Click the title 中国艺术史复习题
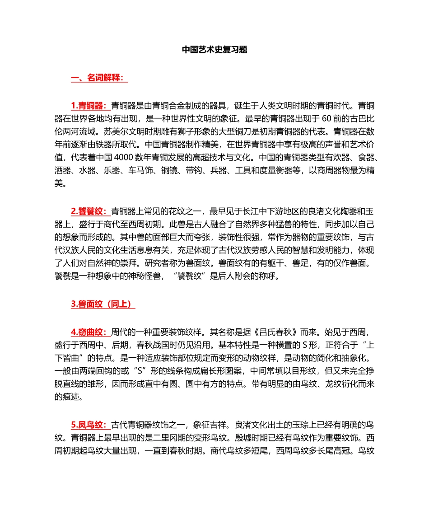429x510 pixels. (214, 50)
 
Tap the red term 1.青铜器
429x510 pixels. (90, 106)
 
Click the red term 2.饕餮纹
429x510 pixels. (90, 211)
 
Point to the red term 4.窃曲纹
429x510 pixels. (90, 332)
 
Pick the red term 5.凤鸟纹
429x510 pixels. (90, 425)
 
